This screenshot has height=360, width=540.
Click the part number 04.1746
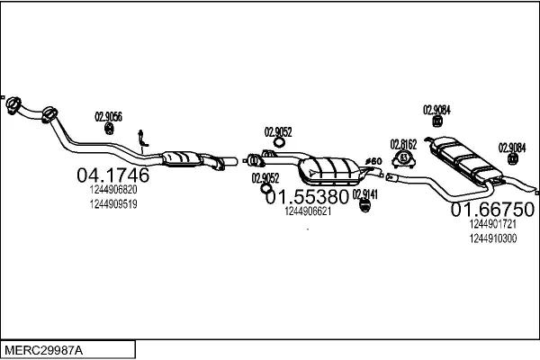coord(113,175)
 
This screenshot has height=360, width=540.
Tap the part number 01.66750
coord(492,210)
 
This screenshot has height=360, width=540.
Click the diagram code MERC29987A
coord(44,350)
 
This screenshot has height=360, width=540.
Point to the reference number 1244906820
coord(113,190)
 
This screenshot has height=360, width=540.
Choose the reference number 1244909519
coord(113,204)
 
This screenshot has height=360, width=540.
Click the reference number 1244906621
coord(308,211)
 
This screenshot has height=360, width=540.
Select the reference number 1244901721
coord(493,224)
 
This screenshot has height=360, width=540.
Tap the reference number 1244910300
coord(493,238)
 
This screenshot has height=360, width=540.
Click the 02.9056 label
coord(109,117)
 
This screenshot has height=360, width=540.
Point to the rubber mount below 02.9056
coord(109,129)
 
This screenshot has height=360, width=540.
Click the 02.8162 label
coord(403,144)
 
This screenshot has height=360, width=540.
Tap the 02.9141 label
coord(365,194)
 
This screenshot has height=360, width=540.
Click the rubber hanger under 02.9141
coord(365,206)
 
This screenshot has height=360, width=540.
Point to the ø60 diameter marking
coord(373,161)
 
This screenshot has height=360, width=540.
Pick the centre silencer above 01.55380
coord(328,171)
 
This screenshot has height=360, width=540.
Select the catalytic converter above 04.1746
coord(182,158)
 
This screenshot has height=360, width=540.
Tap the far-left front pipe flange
coord(13,106)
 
